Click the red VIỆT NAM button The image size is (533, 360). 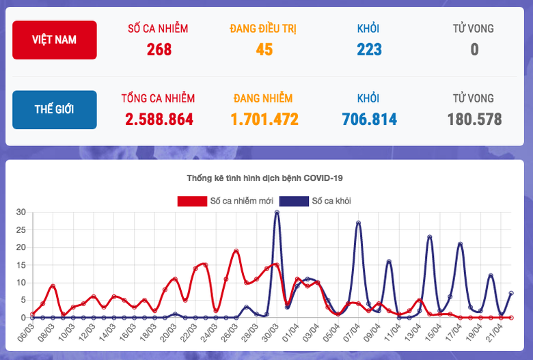pyautogui.click(x=54, y=40)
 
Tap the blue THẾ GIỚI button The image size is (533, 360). pyautogui.click(x=54, y=109)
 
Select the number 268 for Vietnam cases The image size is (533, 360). pyautogui.click(x=159, y=49)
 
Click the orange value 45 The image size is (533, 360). pyautogui.click(x=264, y=49)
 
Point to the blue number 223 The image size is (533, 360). pyautogui.click(x=369, y=49)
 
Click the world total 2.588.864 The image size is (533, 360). pyautogui.click(x=159, y=120)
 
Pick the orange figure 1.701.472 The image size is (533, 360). pyautogui.click(x=264, y=120)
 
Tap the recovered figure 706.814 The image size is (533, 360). pyautogui.click(x=369, y=120)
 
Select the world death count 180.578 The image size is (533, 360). pyautogui.click(x=474, y=120)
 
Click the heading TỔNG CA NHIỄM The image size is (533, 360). pyautogui.click(x=159, y=98)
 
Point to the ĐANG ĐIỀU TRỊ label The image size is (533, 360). pyautogui.click(x=264, y=29)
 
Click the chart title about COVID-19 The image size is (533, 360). pyautogui.click(x=264, y=178)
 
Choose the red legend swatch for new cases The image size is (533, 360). pyautogui.click(x=193, y=201)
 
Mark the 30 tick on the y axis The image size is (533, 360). pyautogui.click(x=20, y=212)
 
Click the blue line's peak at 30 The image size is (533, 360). pyautogui.click(x=277, y=212)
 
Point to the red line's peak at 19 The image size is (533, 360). pyautogui.click(x=236, y=251)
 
